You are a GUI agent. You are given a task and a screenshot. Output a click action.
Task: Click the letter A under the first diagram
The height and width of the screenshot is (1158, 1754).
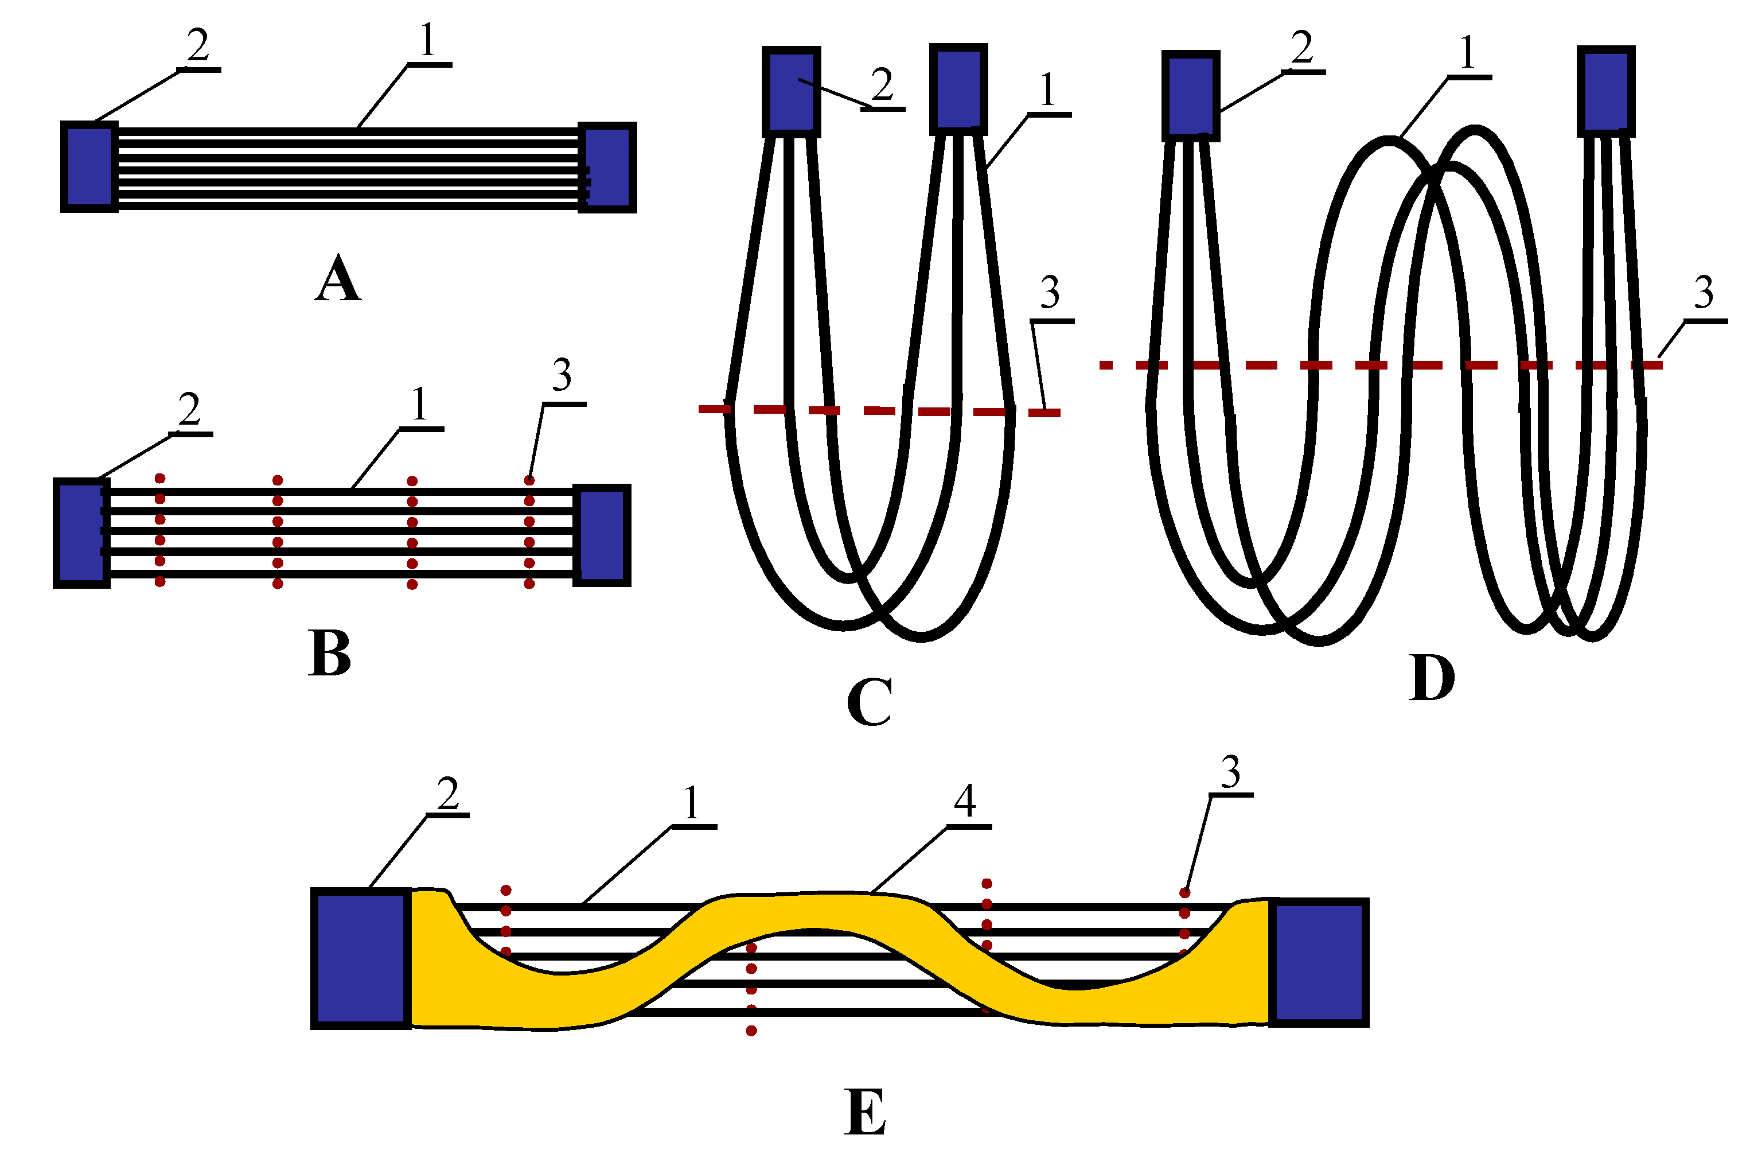point(337,278)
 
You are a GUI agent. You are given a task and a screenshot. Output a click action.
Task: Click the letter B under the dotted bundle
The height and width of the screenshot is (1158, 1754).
point(329,653)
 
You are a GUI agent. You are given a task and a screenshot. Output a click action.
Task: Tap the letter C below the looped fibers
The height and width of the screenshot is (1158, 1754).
point(869,702)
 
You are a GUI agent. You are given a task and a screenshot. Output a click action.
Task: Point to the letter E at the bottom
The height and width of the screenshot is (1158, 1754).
point(864,1112)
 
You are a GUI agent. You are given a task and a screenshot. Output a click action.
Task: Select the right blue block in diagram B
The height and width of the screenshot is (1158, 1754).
point(602,535)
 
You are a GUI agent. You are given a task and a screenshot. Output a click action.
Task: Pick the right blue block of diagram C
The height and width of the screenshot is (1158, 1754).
point(958,88)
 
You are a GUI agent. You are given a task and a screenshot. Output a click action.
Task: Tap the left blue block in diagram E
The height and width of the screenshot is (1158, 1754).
point(360,958)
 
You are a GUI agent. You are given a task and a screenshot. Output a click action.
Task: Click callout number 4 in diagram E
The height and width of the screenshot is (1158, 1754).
point(965,800)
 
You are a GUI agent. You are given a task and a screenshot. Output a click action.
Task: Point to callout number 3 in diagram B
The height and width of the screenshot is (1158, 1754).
point(562,375)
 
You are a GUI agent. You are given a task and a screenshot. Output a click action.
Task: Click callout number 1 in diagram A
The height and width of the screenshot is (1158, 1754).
point(427,41)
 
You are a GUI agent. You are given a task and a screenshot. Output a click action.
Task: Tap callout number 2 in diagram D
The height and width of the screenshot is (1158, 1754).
point(1301,48)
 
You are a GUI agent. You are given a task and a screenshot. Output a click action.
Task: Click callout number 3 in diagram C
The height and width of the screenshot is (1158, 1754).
point(1050,293)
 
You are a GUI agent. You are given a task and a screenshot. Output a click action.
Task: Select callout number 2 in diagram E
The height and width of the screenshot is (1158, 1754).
point(448,794)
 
